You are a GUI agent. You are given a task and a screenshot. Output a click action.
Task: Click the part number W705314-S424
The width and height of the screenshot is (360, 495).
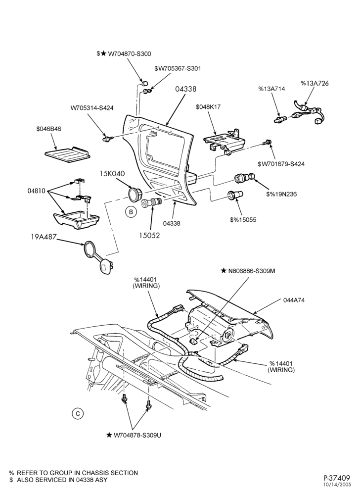(x=92, y=108)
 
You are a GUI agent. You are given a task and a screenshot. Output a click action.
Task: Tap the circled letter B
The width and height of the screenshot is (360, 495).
(x=130, y=212)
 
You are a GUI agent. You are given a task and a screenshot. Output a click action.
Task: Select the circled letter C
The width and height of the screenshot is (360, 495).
(x=78, y=413)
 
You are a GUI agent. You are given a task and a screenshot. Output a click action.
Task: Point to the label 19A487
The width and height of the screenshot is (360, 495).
(x=43, y=237)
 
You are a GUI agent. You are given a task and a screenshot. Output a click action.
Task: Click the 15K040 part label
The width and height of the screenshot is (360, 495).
(x=112, y=173)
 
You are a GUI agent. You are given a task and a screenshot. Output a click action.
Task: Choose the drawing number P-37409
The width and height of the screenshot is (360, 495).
(x=337, y=477)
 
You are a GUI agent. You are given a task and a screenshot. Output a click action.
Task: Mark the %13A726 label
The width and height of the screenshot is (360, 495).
(x=315, y=83)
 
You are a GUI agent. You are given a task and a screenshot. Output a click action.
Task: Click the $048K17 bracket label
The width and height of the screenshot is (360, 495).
(x=208, y=107)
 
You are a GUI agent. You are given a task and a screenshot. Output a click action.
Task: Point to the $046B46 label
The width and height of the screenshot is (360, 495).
(x=48, y=129)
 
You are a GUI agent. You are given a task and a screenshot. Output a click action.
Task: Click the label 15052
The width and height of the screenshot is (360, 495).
(x=150, y=236)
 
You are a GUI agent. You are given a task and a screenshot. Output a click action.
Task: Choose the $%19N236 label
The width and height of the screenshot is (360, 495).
(x=281, y=194)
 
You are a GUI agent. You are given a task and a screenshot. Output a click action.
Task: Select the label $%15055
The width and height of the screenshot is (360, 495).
(x=243, y=220)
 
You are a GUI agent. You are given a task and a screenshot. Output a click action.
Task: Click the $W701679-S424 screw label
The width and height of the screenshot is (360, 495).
(x=281, y=164)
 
